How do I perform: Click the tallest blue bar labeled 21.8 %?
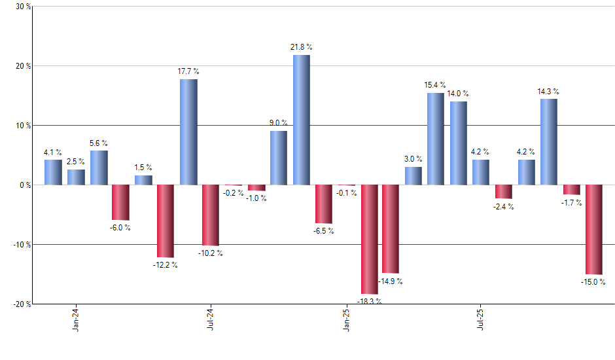pos(301,120)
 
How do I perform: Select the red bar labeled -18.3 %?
pos(369,240)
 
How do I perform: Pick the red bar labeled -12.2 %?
pos(166,221)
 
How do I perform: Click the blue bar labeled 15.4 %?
pos(436,139)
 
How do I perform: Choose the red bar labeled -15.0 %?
pos(594,230)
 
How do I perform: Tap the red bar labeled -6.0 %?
pos(120,202)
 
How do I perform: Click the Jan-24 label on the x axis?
pos(77,319)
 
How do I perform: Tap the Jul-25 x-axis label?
pos(481,319)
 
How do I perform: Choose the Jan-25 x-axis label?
pos(346,319)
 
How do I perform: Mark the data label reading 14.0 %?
pos(458,94)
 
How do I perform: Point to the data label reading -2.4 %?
pos(504,207)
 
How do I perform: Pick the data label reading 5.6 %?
pos(98,143)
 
